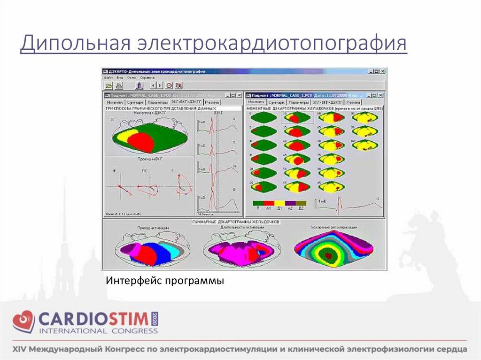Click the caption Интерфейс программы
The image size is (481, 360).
pyautogui.click(x=165, y=281)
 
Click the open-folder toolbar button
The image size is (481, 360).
pyautogui.click(x=109, y=85)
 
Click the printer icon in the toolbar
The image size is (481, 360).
pyautogui.click(x=119, y=85)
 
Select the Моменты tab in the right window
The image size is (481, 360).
pyautogui.click(x=256, y=102)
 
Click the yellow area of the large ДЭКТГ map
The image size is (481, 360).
pyautogui.click(x=123, y=137)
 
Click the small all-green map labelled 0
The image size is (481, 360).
pyautogui.click(x=263, y=118)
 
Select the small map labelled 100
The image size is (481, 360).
pyautogui.click(x=363, y=145)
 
